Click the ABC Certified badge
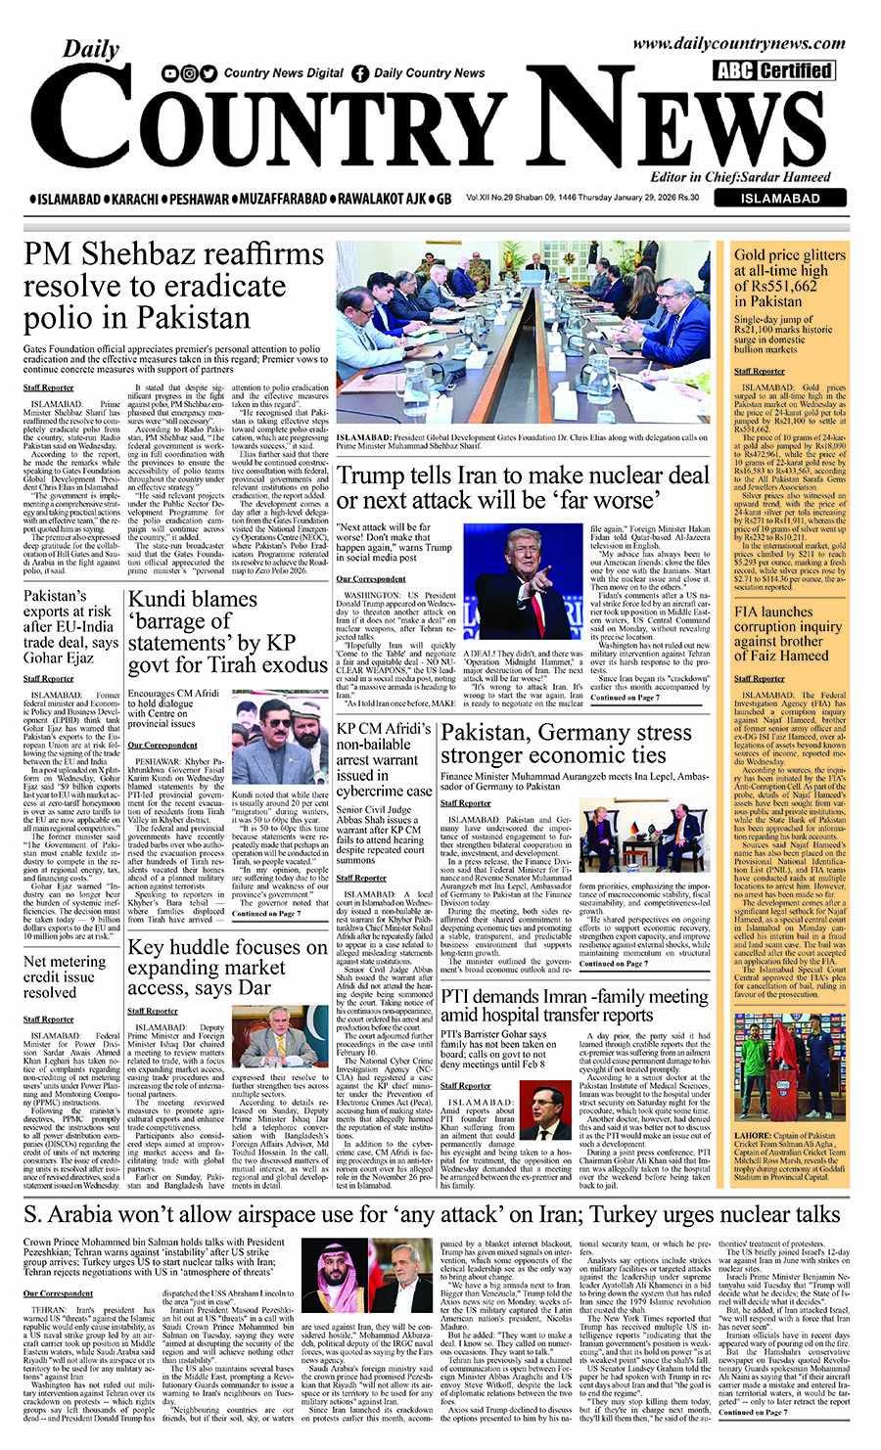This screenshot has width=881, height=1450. (773, 70)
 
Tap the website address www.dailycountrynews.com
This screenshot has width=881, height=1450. (738, 43)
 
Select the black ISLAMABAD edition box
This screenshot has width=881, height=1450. (780, 198)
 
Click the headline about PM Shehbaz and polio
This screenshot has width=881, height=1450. (174, 286)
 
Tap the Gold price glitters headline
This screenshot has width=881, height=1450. (789, 277)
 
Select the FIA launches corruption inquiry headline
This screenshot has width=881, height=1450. (787, 633)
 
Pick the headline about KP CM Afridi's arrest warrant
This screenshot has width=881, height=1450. (384, 758)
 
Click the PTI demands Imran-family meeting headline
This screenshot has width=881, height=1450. (574, 1005)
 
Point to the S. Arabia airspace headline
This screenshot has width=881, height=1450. (432, 1214)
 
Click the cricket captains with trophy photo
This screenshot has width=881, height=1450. (789, 1066)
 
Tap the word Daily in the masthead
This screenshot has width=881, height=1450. (91, 49)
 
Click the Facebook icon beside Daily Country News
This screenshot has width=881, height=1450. (360, 72)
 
